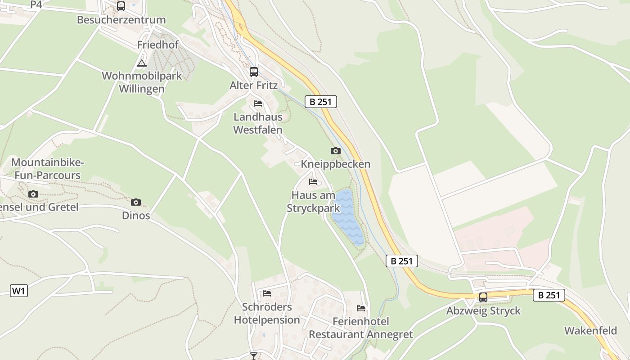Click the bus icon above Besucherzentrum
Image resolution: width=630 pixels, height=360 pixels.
click(x=121, y=6)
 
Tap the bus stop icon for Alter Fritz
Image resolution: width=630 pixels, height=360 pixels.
click(x=254, y=72)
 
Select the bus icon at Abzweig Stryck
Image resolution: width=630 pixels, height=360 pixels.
click(x=483, y=297)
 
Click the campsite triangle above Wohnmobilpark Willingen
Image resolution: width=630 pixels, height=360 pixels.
click(x=142, y=63)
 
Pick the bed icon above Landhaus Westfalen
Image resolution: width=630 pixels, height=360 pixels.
click(x=258, y=103)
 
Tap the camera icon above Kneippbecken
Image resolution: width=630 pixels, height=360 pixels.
click(x=336, y=151)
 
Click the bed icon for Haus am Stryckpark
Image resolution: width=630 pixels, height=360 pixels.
click(x=313, y=182)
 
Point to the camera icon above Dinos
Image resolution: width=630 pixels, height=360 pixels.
click(x=136, y=202)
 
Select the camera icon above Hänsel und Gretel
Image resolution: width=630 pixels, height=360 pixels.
click(x=33, y=194)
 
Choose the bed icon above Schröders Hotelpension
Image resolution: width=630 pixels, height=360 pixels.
click(x=267, y=293)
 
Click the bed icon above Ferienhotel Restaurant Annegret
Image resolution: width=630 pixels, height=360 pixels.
click(x=361, y=308)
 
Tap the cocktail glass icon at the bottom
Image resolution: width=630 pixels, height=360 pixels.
click(x=254, y=356)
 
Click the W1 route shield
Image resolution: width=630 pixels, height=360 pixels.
click(x=19, y=291)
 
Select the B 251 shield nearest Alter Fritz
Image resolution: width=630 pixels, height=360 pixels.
click(x=321, y=102)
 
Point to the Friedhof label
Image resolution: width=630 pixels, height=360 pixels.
click(x=158, y=45)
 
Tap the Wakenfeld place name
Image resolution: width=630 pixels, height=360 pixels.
click(x=590, y=331)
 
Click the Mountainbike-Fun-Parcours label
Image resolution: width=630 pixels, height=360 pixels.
click(x=47, y=169)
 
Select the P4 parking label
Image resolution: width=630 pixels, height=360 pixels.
click(x=36, y=4)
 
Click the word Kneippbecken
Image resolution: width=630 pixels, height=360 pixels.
click(x=336, y=164)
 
